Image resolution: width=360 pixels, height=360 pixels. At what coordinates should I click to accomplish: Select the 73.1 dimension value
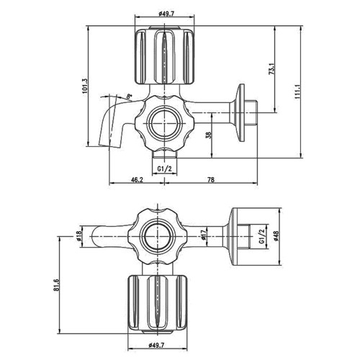tap(272, 68)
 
